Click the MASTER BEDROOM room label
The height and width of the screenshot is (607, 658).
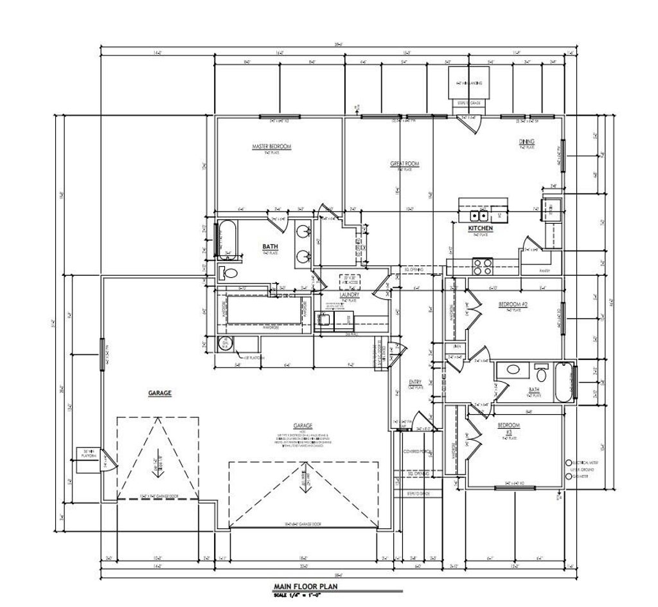click(271, 147)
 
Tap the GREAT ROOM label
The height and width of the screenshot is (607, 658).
click(405, 164)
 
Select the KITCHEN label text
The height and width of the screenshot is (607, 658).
click(480, 228)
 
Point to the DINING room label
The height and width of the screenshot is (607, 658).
click(527, 141)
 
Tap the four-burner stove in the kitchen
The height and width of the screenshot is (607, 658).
click(482, 263)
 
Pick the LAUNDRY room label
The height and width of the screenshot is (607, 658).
click(350, 295)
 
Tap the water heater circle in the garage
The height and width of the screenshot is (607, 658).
click(224, 343)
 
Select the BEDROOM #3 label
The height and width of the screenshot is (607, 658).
click(508, 428)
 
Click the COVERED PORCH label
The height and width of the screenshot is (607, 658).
click(416, 451)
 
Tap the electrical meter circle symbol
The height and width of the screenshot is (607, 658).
click(568, 463)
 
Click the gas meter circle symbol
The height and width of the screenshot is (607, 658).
click(568, 477)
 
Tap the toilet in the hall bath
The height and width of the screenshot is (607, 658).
click(542, 373)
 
